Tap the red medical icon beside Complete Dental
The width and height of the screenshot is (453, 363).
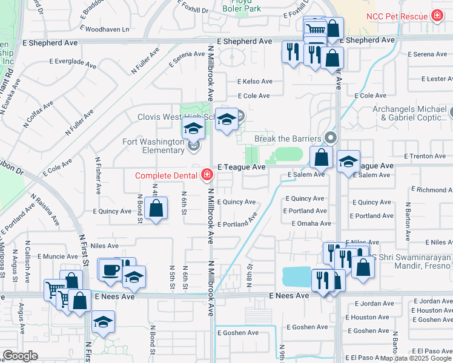(207, 175)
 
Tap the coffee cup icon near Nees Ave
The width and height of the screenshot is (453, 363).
(110, 270)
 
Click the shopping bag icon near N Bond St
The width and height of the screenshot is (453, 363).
(156, 208)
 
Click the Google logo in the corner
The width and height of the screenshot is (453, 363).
(20, 356)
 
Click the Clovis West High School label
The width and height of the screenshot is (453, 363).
(176, 117)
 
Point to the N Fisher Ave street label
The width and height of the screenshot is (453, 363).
(98, 175)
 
